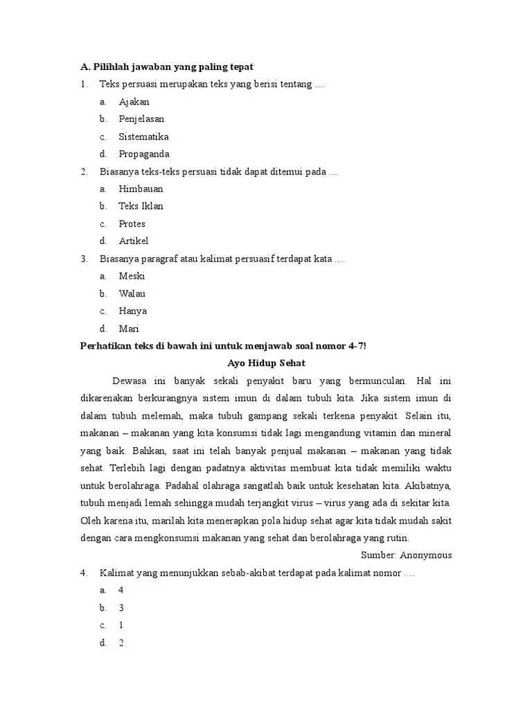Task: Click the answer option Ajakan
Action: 134,102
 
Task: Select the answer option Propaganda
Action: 143,154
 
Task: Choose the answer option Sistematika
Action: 143,137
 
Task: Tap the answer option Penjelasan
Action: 141,119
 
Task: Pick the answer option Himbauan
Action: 141,189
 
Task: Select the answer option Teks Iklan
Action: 141,206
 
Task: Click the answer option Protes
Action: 132,224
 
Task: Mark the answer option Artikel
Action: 133,241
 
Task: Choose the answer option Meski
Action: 132,276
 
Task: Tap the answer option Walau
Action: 132,293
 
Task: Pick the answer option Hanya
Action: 132,311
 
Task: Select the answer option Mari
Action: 129,329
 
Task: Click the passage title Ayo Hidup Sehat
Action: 266,363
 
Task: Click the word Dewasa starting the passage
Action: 130,381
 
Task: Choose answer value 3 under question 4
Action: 121,608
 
